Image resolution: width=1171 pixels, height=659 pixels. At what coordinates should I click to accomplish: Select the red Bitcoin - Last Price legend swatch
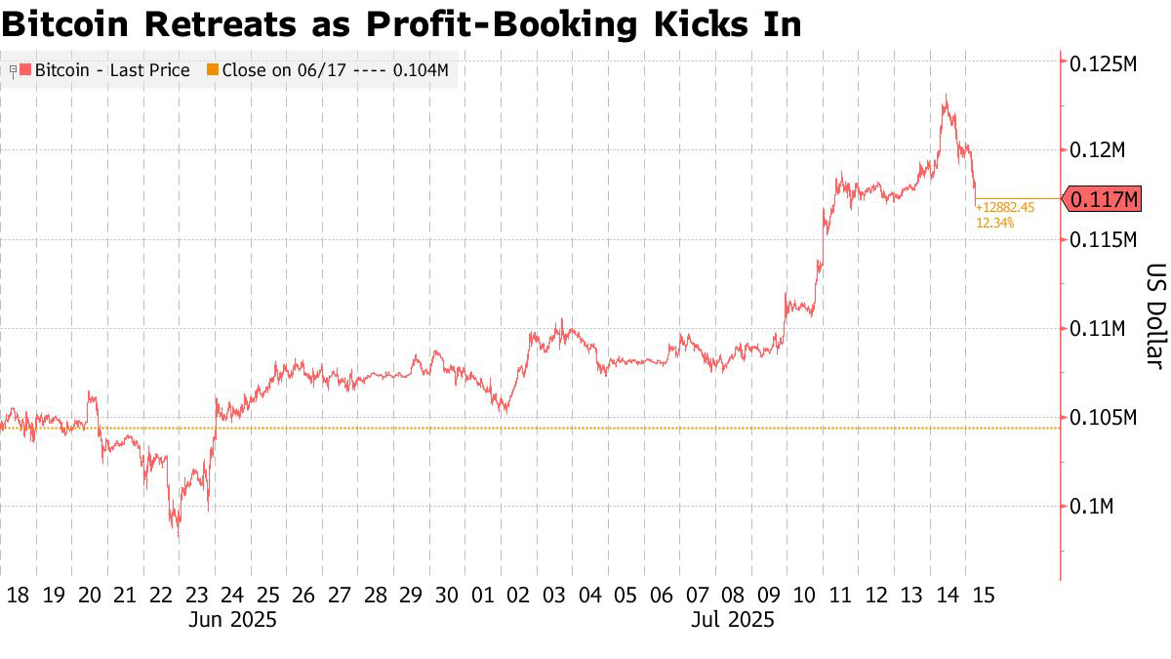(25, 70)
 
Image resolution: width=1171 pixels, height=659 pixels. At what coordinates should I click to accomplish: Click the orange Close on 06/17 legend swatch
(212, 70)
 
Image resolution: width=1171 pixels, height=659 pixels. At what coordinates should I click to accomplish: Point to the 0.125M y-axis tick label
(1104, 63)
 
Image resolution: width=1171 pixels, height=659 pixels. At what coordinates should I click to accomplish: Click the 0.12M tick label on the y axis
(1099, 150)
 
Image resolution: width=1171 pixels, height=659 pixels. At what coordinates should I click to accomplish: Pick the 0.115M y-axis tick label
(1104, 239)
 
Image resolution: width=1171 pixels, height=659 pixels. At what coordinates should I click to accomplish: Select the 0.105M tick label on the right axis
(1104, 418)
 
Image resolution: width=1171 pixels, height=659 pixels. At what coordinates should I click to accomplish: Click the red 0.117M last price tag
(1104, 199)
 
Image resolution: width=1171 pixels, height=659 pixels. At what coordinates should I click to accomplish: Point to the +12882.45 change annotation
(1004, 208)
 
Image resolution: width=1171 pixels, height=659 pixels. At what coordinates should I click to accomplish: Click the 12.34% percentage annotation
(994, 223)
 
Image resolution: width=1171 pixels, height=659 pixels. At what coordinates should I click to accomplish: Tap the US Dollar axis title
(1154, 316)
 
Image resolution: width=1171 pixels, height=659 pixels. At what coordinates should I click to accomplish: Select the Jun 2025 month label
(233, 619)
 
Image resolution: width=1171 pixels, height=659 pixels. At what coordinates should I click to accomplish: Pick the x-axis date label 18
(18, 596)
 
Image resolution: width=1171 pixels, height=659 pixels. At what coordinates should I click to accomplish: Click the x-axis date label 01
(482, 596)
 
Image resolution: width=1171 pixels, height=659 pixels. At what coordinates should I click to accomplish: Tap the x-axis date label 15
(983, 596)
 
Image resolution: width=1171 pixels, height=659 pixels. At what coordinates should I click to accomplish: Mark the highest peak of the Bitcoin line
(945, 95)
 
